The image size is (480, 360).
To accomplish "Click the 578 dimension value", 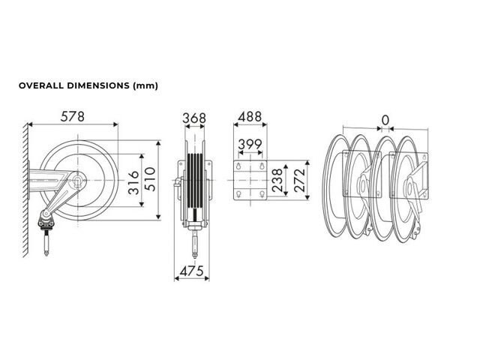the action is coord(73,117).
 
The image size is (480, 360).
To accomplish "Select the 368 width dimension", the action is coord(194,118).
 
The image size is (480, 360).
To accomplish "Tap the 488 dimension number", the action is coord(250,117).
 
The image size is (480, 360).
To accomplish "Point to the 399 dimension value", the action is coord(250,144).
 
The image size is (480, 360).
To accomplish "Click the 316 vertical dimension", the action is coord(133,183).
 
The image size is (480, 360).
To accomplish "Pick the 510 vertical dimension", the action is coord(150,179).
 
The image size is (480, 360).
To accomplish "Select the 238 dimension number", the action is coord(277,180).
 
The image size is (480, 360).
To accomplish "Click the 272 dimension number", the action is coord(300,180).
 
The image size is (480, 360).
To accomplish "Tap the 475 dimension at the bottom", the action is coord(192,271).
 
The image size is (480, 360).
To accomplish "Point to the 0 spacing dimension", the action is coord(385,120).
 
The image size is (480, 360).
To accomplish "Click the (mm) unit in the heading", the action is coord(145,86).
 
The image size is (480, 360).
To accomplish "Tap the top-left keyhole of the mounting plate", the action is coord(238,166).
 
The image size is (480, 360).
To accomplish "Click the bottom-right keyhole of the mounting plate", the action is coord(262,193).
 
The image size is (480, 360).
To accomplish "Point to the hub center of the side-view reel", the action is coord(77,180).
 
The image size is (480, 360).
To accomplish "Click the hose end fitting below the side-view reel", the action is coord(46,243).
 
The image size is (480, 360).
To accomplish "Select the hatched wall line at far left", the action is coord(25,189).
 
